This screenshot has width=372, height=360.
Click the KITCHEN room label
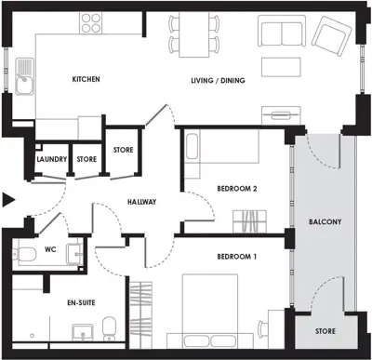[x=86, y=80]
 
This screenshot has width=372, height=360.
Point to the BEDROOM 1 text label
[x=237, y=256]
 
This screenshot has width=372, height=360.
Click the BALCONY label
[x=325, y=221]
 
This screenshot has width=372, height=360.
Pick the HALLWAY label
[x=141, y=202]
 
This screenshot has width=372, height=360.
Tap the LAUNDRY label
[x=51, y=159]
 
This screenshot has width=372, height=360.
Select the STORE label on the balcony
[x=325, y=331]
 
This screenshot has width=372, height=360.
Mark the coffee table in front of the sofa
[x=282, y=68]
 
